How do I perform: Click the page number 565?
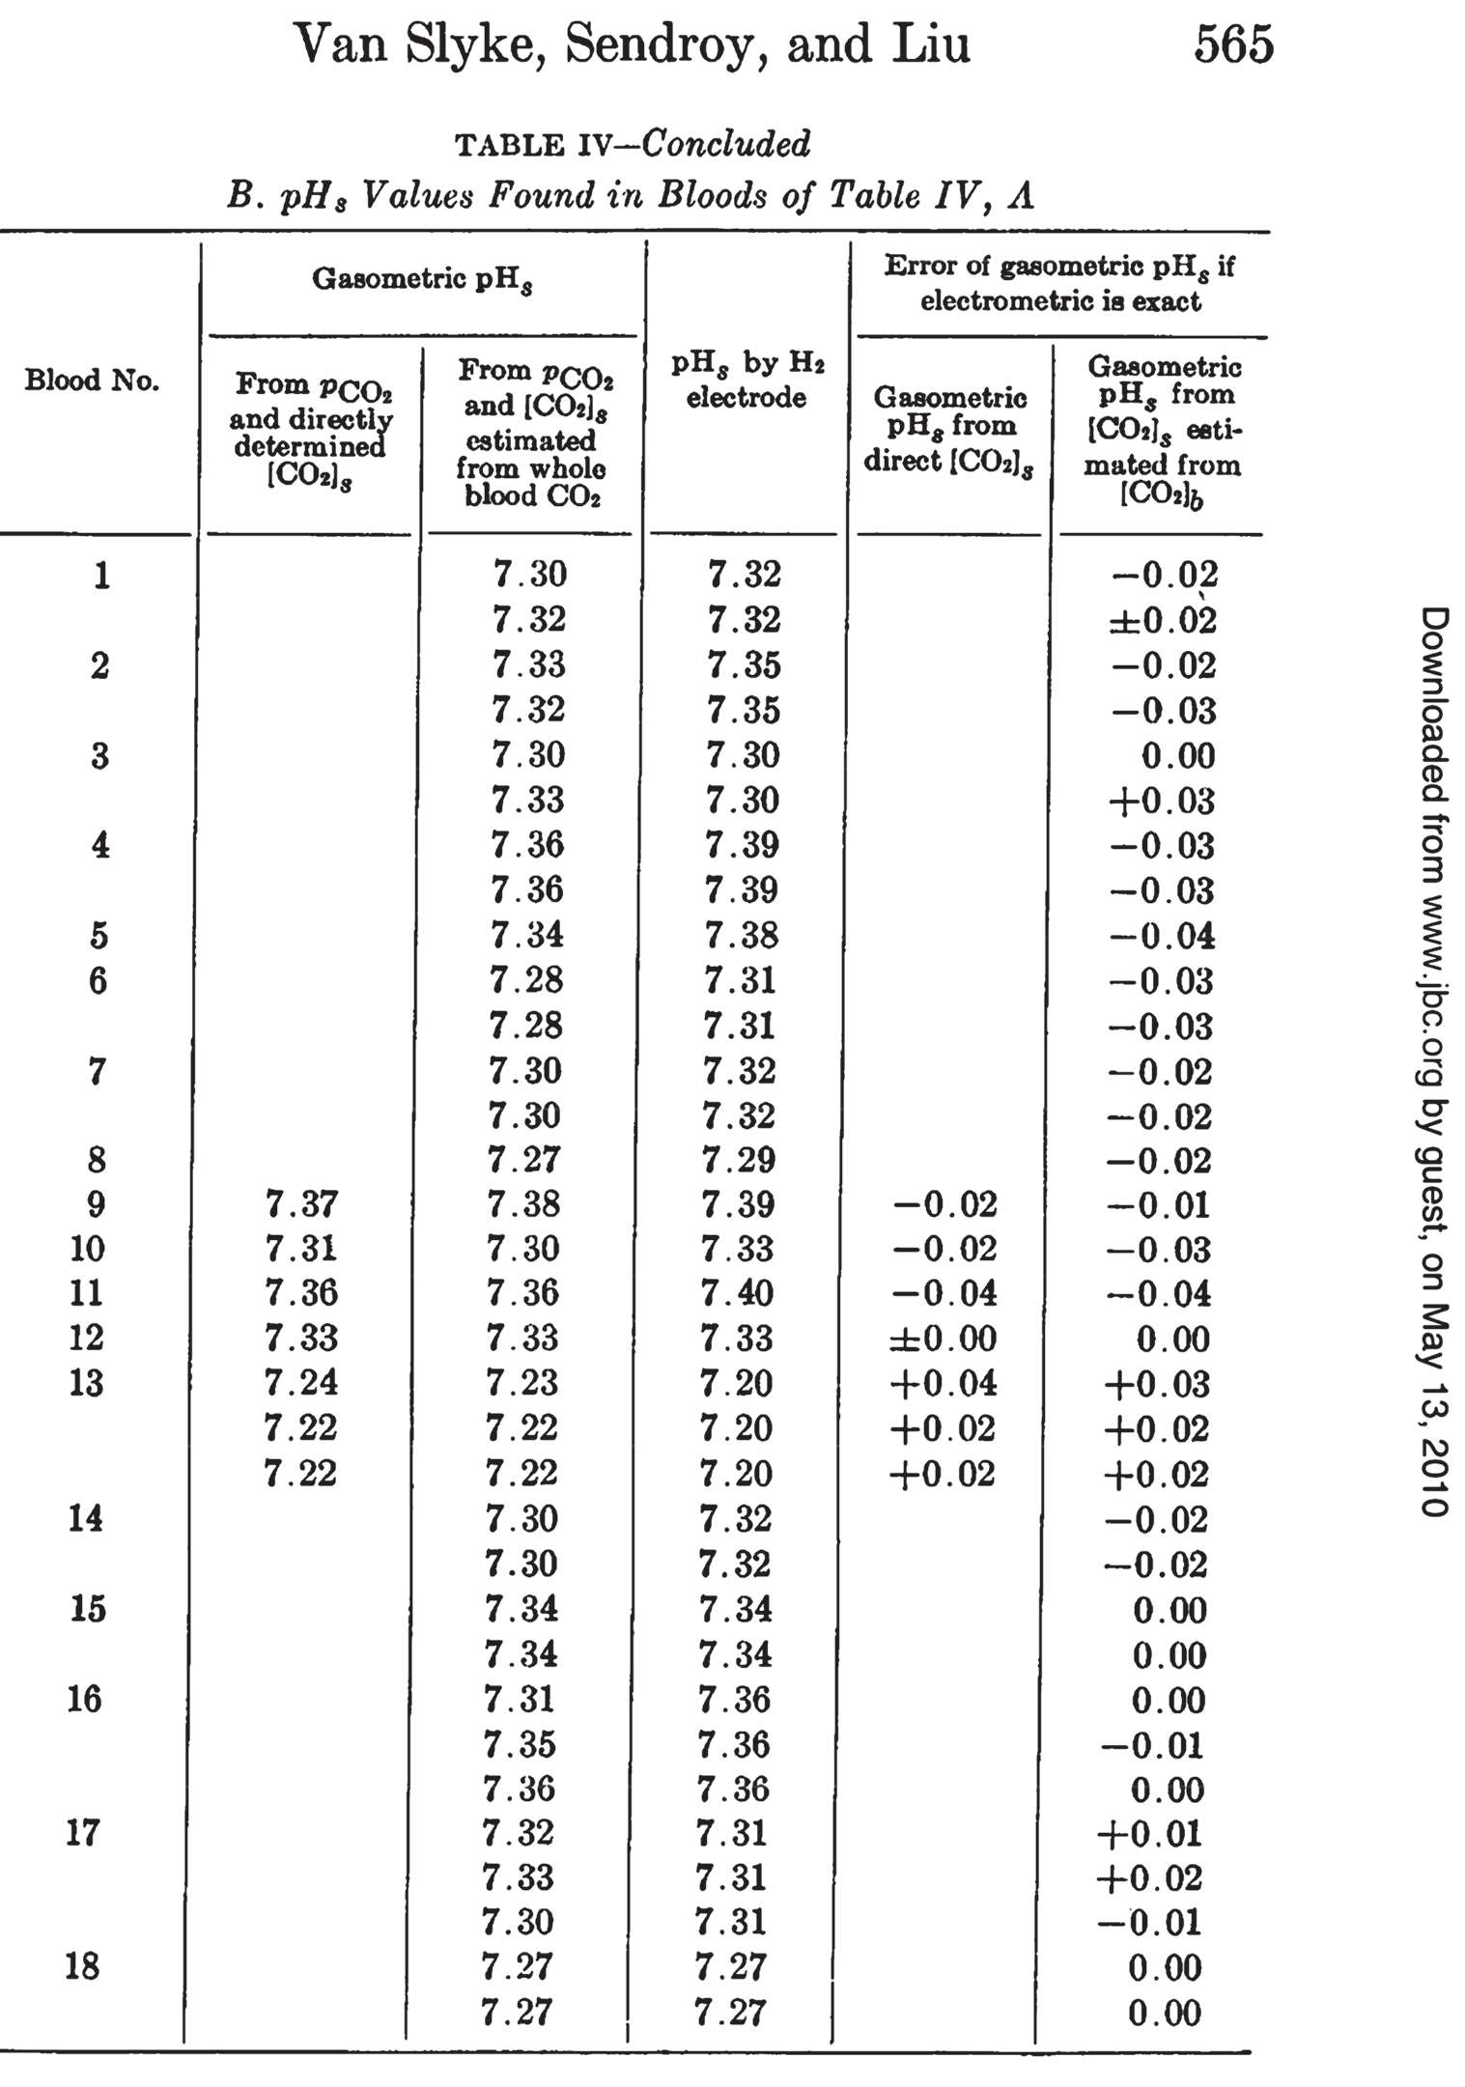click(x=1233, y=44)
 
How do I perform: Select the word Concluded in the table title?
click(x=726, y=144)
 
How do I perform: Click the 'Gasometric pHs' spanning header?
click(x=422, y=280)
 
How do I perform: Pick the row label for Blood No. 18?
click(x=82, y=1965)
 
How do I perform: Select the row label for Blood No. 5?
click(x=99, y=935)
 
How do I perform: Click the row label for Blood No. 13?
click(x=86, y=1383)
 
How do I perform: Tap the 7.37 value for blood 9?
click(x=301, y=1204)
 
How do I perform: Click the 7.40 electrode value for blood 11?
click(x=738, y=1293)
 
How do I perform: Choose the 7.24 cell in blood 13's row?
click(x=301, y=1382)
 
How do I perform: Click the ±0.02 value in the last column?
click(x=1162, y=619)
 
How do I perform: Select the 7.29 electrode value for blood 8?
click(x=739, y=1160)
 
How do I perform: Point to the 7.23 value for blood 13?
click(x=522, y=1382)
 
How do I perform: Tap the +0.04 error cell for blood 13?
click(x=944, y=1383)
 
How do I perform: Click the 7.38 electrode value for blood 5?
click(x=742, y=935)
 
